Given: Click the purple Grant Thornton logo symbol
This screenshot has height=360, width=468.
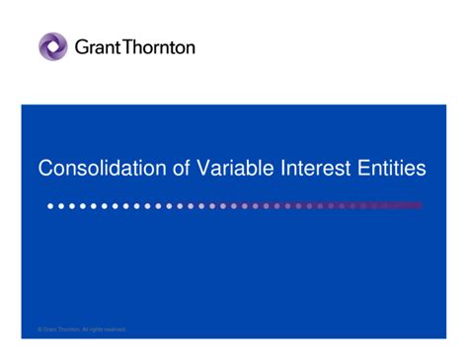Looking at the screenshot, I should click(53, 46).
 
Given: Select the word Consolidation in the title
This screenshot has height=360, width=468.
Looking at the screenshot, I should click(102, 169).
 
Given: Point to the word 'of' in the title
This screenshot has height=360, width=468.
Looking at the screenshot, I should click(182, 169).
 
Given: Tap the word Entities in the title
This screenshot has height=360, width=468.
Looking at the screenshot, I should click(392, 169).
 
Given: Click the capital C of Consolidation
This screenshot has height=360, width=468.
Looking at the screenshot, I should click(45, 169).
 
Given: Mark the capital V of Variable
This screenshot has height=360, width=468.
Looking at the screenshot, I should click(203, 169).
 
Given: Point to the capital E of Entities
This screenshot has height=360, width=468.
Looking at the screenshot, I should click(365, 169).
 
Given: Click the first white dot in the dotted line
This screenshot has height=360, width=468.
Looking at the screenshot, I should click(50, 206).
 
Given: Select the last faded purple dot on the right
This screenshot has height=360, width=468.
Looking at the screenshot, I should click(419, 206).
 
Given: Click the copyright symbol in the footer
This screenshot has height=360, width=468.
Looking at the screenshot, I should click(39, 329).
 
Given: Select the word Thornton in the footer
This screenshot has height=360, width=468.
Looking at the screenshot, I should click(67, 329).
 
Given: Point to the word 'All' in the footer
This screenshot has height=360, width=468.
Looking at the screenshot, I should click(85, 329).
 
